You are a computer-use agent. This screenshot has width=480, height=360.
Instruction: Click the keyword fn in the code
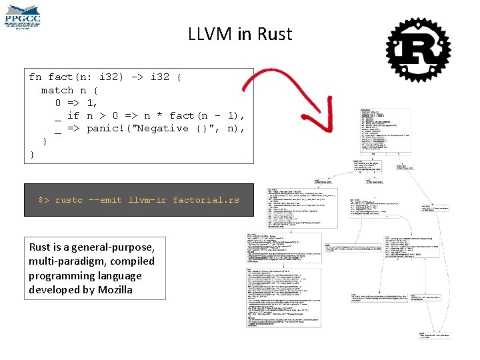[x=35, y=77]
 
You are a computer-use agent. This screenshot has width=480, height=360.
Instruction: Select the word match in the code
[x=57, y=90]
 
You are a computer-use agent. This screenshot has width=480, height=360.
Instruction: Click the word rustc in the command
[x=69, y=200]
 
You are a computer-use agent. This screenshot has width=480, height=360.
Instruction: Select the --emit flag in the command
[x=105, y=200]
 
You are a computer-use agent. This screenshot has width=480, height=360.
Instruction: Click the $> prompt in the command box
[x=43, y=200]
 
